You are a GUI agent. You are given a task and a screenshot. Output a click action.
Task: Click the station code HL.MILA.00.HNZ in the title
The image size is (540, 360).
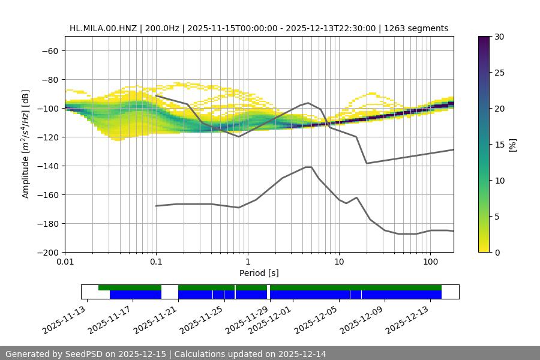101,28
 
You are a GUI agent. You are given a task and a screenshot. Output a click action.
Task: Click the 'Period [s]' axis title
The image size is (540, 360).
259,273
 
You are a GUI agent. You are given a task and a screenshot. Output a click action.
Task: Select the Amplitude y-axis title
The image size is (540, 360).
26,144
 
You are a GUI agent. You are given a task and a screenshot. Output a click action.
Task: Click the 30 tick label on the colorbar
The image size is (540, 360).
499,37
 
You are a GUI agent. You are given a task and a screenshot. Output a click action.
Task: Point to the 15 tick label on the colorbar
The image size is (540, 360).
499,144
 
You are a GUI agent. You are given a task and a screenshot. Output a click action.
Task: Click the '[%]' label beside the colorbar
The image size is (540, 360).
512,144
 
